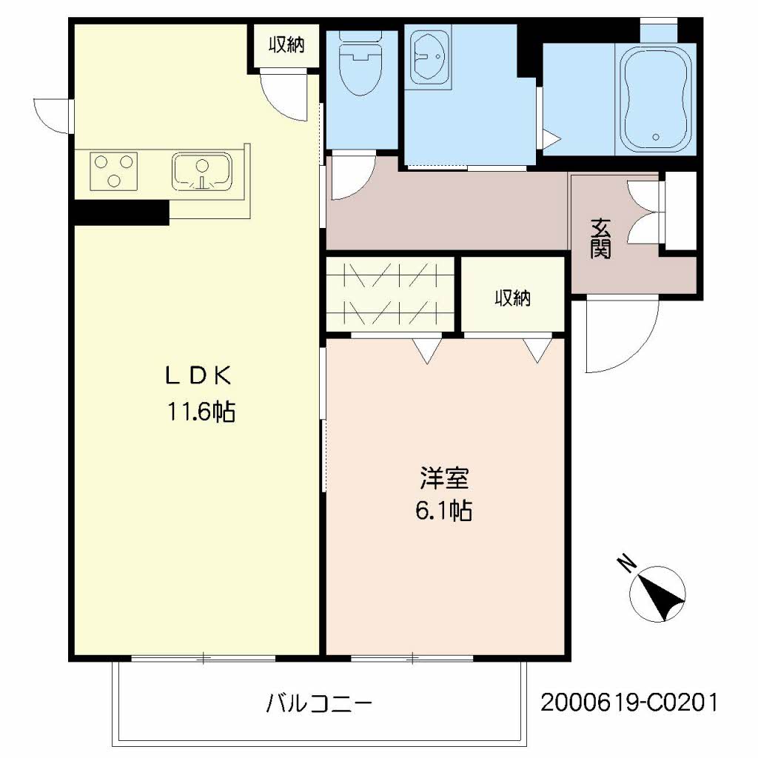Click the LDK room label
click(x=198, y=376)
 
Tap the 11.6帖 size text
click(x=200, y=412)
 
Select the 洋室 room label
click(x=444, y=479)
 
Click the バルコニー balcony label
click(x=319, y=702)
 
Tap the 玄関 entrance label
click(x=600, y=238)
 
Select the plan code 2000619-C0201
click(x=628, y=702)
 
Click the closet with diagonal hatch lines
click(x=389, y=294)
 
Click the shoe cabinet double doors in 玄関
click(x=644, y=211)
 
